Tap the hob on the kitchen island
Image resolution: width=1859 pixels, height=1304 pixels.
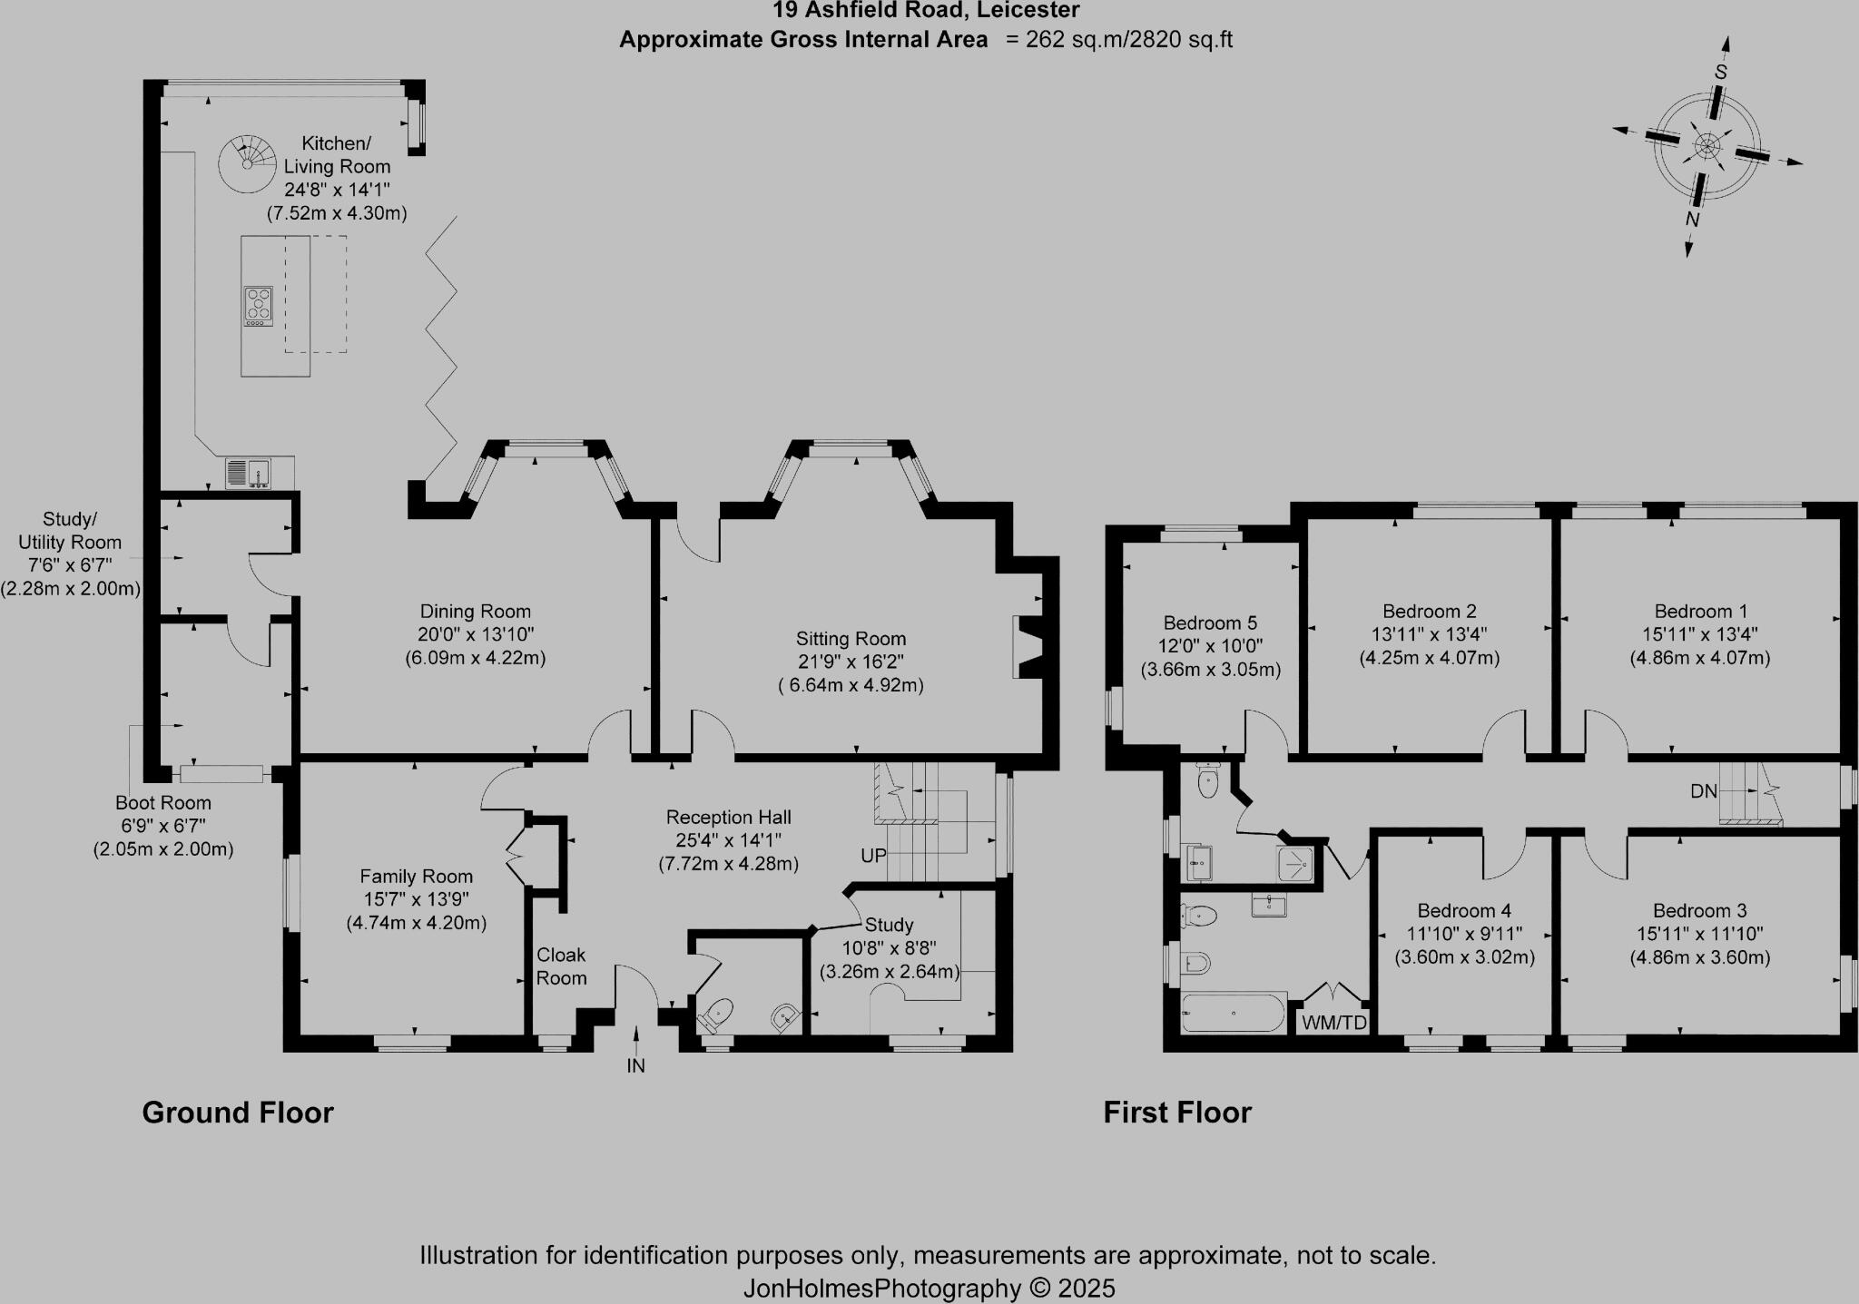point(258,306)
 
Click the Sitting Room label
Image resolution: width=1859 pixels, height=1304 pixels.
point(851,639)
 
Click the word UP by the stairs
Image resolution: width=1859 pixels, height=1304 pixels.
point(873,856)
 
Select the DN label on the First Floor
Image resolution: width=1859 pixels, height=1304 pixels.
point(1704,791)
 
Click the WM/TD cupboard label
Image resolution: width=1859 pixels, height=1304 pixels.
point(1333,1023)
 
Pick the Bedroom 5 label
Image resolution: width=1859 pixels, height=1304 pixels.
point(1210,623)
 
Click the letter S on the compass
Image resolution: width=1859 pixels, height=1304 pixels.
point(1720,72)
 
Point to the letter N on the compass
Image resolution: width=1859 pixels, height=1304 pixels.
point(1692,220)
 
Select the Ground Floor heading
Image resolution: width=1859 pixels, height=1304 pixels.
point(238,1113)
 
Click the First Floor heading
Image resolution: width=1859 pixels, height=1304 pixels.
point(1177,1113)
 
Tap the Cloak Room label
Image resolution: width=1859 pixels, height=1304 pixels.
point(561,966)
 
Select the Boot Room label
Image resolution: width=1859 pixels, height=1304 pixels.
point(163,803)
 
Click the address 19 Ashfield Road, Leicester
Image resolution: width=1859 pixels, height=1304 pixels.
point(926,11)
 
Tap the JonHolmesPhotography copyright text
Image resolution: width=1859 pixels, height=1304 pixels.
point(929,1288)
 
